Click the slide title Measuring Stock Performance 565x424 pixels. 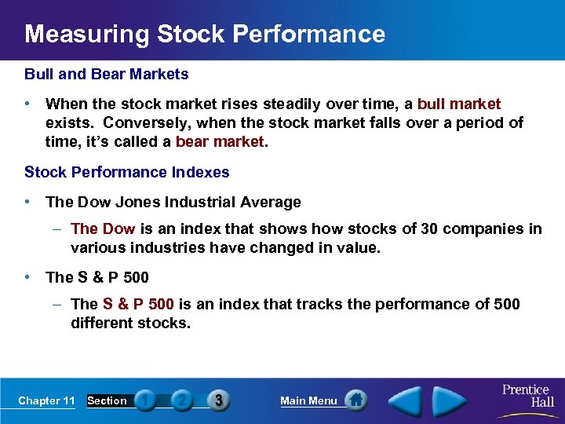(x=204, y=35)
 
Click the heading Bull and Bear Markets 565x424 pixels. (x=107, y=75)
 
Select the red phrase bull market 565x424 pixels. (x=459, y=104)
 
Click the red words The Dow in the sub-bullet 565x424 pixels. (x=103, y=228)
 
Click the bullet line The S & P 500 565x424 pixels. (x=97, y=277)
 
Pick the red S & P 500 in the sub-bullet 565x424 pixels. (x=138, y=304)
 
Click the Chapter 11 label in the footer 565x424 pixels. (x=46, y=400)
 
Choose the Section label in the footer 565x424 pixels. (x=107, y=400)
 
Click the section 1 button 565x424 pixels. (x=145, y=400)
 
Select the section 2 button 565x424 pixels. (x=181, y=400)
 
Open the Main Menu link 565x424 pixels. (x=308, y=400)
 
